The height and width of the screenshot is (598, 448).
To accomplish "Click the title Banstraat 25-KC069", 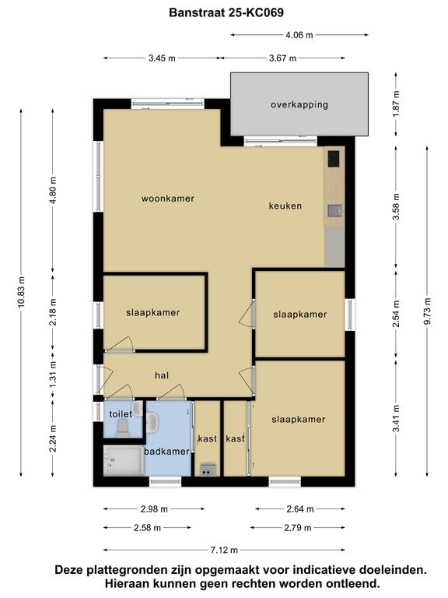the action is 226,12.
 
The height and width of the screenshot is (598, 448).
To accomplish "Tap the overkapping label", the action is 299,104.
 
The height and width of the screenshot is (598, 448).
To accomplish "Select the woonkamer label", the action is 168,199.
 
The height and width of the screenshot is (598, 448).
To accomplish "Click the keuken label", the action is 285,206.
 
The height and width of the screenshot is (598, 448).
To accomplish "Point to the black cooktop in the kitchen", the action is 334,159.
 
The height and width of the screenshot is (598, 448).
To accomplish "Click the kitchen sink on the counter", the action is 335,210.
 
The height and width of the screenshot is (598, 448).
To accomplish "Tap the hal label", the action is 162,375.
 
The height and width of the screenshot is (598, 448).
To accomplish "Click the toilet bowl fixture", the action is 123,428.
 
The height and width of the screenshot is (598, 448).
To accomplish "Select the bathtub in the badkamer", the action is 124,461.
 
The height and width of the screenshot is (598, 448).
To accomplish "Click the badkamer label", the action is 166,452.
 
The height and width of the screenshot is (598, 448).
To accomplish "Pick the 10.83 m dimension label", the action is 21,292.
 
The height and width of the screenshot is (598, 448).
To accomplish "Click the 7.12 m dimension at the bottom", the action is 224,550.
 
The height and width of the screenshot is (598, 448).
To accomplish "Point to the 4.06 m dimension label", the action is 299,35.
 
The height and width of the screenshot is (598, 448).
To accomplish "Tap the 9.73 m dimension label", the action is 427,311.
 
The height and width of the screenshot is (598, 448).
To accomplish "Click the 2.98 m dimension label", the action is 154,508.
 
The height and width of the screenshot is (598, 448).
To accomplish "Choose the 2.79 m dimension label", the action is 298,528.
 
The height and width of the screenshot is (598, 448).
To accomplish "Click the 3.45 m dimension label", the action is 162,58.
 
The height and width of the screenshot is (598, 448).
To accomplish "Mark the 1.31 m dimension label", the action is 53,375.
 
